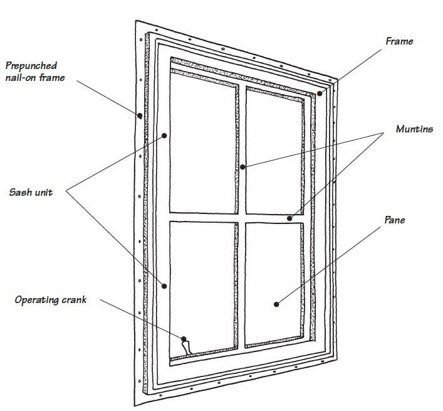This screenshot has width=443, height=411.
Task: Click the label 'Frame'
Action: click(399, 41)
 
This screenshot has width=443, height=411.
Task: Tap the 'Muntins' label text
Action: click(414, 129)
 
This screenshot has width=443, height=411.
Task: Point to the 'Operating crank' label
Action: click(51, 300)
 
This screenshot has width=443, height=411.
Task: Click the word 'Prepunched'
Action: click(31, 65)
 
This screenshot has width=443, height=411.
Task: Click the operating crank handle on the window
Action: click(186, 344)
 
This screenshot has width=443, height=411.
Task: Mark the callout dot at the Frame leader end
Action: click(319, 93)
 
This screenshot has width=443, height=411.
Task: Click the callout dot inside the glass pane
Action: click(276, 304)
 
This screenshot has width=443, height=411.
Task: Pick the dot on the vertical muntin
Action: click(242, 167)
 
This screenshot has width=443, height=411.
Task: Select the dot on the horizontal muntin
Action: click(289, 218)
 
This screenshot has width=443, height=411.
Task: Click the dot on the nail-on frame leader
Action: click(138, 115)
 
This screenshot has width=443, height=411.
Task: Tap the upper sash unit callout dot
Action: click(164, 135)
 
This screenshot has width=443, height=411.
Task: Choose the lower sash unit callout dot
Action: click(164, 286)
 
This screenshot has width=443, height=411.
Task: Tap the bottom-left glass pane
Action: click(202, 282)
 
